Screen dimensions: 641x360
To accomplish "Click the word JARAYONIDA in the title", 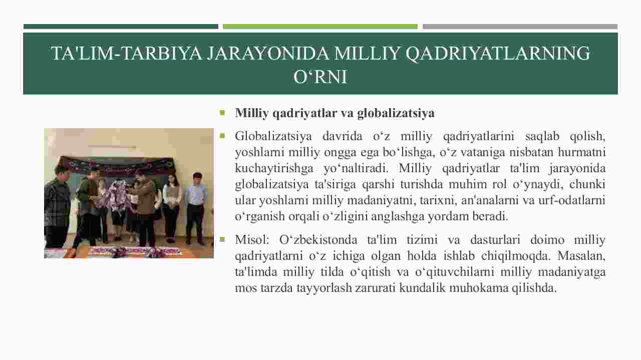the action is coord(267,53).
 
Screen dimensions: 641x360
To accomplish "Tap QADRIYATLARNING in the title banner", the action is coord(497,53).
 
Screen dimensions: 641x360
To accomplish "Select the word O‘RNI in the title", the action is coord(320,77).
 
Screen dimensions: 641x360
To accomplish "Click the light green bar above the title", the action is coord(320,27).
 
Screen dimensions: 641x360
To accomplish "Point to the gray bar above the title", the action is coord(520,27).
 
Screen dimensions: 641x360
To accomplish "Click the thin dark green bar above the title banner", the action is coord(121,27).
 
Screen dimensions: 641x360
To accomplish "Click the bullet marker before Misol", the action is coord(222,239).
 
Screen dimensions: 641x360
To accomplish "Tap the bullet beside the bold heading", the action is coord(222,113).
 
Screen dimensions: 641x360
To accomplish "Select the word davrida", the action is coord(342,136).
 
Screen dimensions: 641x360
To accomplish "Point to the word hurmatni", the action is coord(581,152).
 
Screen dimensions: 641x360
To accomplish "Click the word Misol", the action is coord(252,239).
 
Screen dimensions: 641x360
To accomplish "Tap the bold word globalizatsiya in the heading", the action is coord(396,113).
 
